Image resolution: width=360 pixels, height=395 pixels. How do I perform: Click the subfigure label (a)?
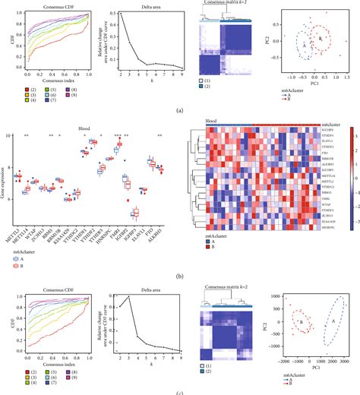(179, 109)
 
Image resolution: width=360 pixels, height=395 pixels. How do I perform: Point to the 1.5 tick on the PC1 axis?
(346, 77)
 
